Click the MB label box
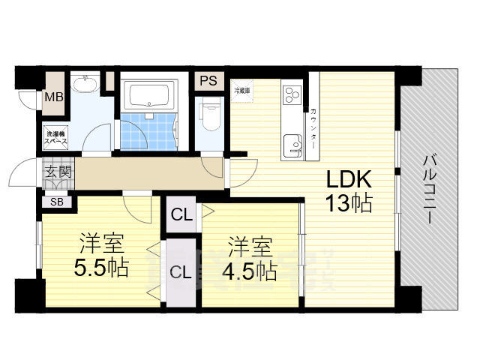52,97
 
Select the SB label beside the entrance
57,201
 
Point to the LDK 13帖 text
348,191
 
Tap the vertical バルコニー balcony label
429,188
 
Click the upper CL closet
181,216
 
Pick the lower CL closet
179,271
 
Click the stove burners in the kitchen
292,95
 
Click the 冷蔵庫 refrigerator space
241,90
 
